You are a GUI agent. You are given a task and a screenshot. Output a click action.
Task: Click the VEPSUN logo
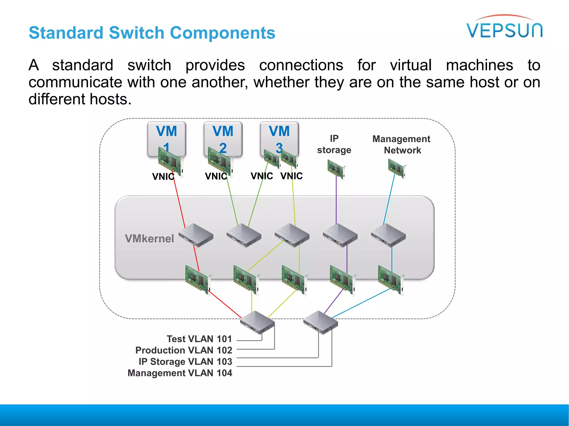coord(504,28)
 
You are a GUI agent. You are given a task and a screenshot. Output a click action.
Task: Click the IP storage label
coord(334,144)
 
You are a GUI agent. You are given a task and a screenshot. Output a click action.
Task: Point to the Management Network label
coord(401,144)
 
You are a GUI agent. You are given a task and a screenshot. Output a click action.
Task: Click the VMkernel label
coord(149,239)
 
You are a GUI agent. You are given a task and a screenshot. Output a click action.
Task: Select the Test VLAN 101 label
coord(199,339)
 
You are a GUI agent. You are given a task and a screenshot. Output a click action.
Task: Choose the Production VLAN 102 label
coord(184,350)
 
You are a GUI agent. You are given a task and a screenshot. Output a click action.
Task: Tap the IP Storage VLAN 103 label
coord(185,362)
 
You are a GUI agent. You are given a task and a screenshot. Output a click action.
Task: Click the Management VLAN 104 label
coord(180,373)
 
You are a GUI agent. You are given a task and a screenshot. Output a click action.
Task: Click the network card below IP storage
coord(336,169)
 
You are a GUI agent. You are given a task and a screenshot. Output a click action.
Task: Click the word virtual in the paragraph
coord(411,65)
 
